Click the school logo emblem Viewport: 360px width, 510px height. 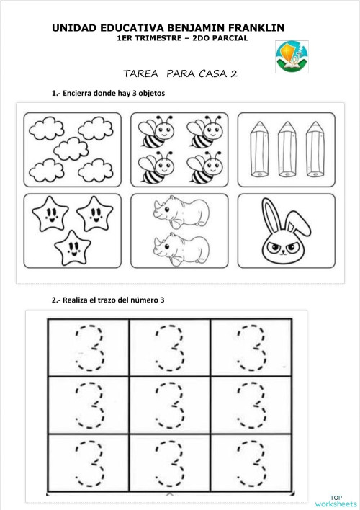pos(292,57)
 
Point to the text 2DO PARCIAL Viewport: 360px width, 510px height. pos(220,38)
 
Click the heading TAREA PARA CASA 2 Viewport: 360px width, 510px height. pos(181,73)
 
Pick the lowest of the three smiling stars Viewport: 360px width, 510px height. pos(71,249)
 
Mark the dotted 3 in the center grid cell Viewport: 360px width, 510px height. pos(170,405)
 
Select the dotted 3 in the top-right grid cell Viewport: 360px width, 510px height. pos(252,347)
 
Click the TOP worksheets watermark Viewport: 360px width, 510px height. pos(335,500)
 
